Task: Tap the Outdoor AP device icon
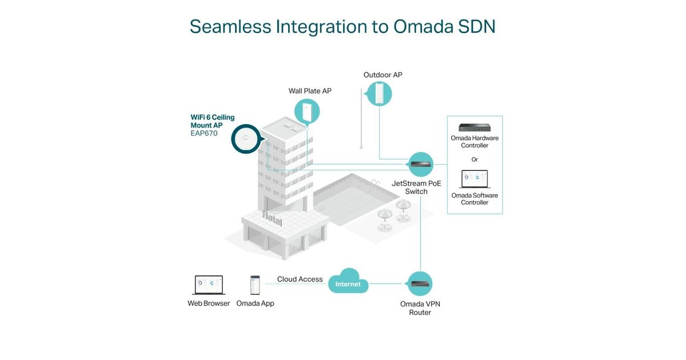pos(380,94)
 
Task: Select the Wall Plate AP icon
pos(307,111)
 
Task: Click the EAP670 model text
pos(204,134)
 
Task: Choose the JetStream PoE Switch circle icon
pos(421,165)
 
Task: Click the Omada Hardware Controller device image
pos(474,127)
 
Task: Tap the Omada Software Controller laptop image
pos(474,179)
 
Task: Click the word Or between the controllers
pos(474,159)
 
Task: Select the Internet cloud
pos(348,283)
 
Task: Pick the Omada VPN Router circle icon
pos(420,284)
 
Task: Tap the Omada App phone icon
pos(255,285)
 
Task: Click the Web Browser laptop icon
pos(209,285)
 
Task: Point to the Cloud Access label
pos(300,279)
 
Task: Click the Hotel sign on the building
pos(273,218)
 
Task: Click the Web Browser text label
pos(209,303)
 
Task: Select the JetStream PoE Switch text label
pos(416,187)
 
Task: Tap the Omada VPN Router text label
pos(420,308)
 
